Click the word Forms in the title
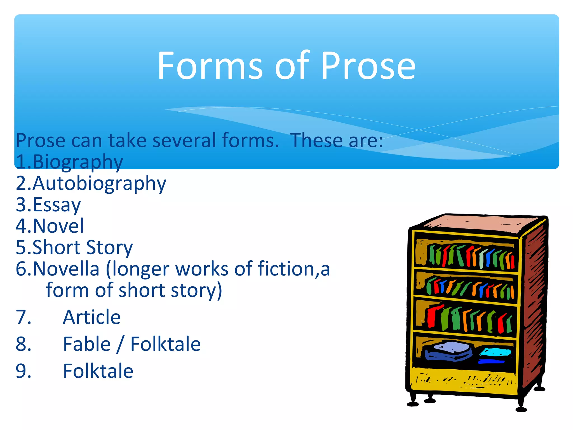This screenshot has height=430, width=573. [210, 66]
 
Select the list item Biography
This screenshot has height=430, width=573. [78, 162]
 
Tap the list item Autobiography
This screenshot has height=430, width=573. [99, 184]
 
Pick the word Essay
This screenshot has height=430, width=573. [57, 205]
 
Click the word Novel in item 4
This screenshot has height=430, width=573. [58, 226]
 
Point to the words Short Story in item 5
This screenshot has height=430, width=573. [83, 248]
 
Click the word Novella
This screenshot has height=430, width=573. [66, 269]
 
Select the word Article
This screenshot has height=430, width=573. [92, 317]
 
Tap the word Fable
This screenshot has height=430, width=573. [87, 344]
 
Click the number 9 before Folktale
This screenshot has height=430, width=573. [24, 371]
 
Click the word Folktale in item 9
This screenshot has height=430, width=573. [98, 371]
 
